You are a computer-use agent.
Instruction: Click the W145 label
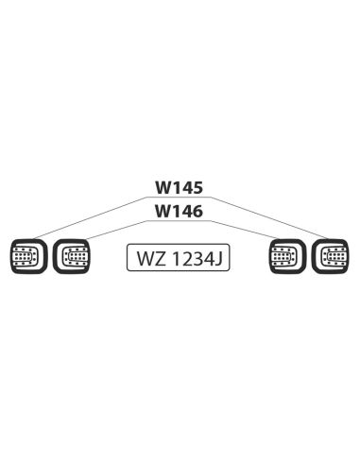click(180, 189)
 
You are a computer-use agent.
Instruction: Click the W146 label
click(180, 212)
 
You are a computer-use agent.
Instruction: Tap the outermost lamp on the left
click(26, 255)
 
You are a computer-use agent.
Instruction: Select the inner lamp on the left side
click(73, 255)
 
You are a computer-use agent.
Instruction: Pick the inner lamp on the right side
click(286, 255)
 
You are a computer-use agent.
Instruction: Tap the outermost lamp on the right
click(333, 255)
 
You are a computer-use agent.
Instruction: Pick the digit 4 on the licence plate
click(208, 258)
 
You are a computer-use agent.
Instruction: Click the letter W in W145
click(163, 189)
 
